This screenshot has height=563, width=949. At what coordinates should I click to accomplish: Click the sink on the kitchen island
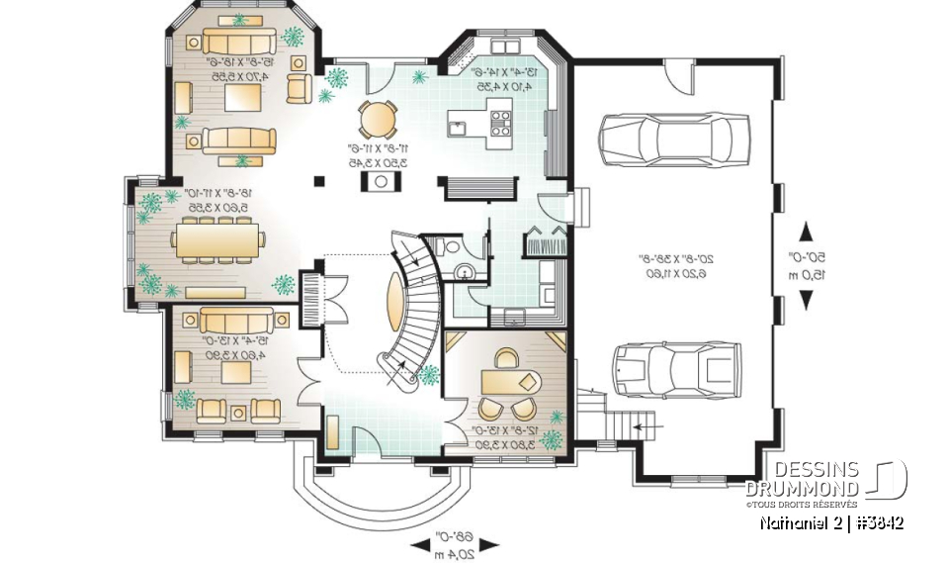point(456,125)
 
